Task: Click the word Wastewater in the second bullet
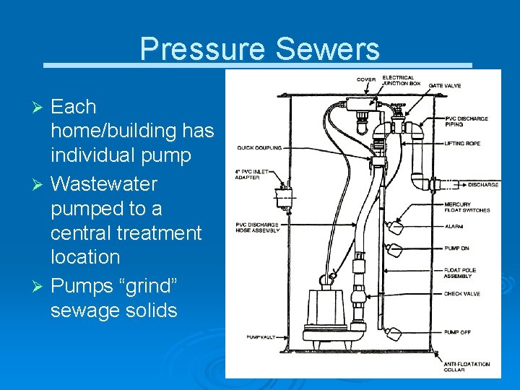tap(104, 184)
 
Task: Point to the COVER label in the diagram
tap(365, 79)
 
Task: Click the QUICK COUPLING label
tap(258, 148)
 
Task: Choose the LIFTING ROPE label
tap(461, 144)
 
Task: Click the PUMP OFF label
tap(456, 331)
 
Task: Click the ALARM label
tap(453, 225)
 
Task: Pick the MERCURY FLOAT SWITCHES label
tap(467, 207)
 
